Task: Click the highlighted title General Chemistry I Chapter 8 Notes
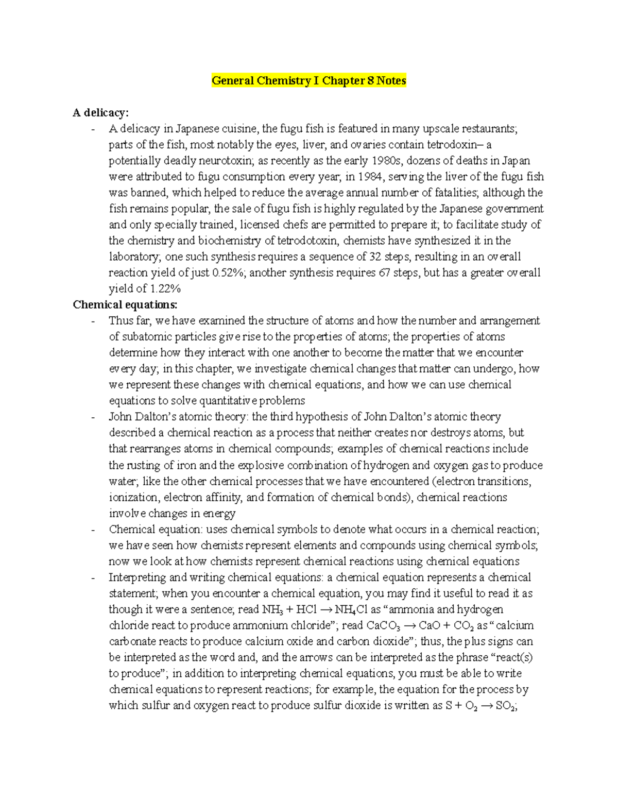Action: (x=309, y=81)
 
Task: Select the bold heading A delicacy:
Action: (x=100, y=113)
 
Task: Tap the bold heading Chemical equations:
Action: (x=125, y=304)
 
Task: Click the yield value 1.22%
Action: (x=165, y=288)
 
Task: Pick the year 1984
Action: (x=370, y=177)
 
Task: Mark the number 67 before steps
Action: (x=384, y=273)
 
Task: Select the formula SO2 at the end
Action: (x=505, y=706)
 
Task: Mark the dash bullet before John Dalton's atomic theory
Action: (x=93, y=417)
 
